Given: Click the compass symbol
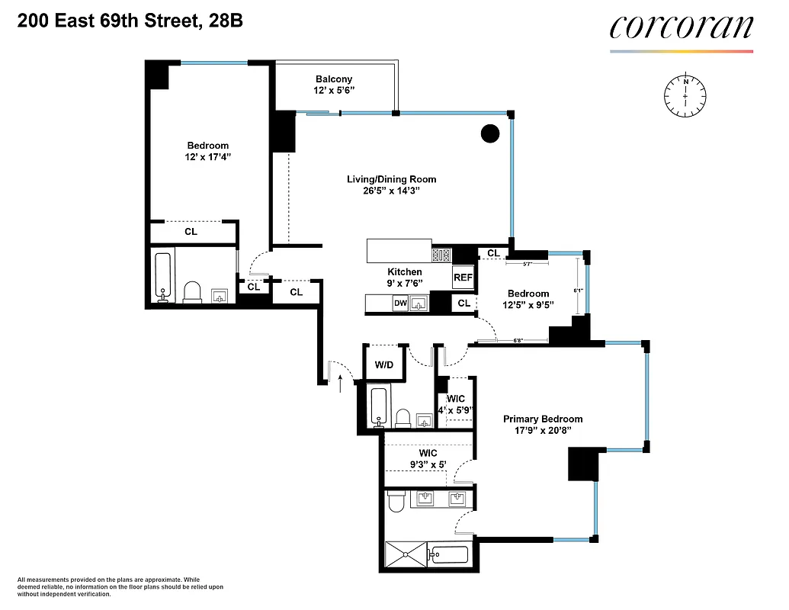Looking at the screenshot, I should pyautogui.click(x=685, y=96).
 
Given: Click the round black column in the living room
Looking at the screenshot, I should pyautogui.click(x=490, y=134).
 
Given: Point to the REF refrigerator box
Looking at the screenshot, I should pyautogui.click(x=463, y=278).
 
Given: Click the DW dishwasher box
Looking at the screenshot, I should pyautogui.click(x=400, y=303).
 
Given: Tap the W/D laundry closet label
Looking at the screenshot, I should pyautogui.click(x=383, y=365).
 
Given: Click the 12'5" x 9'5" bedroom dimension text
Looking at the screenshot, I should pyautogui.click(x=528, y=305).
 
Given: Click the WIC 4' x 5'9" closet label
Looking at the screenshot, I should pyautogui.click(x=456, y=404).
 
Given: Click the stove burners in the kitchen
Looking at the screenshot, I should pyautogui.click(x=441, y=255).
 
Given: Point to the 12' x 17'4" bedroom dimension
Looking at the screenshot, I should pyautogui.click(x=208, y=157).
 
